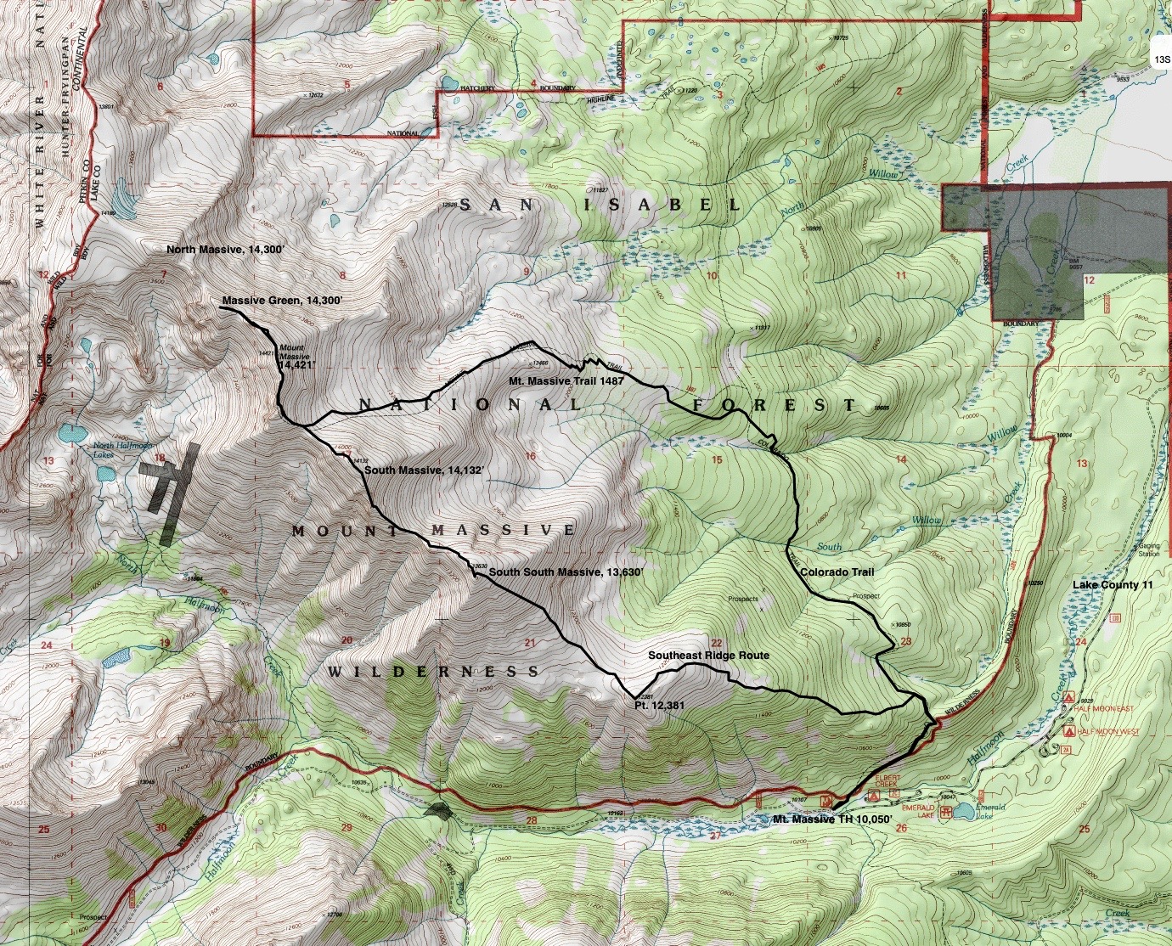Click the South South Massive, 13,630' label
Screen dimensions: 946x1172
tap(566, 572)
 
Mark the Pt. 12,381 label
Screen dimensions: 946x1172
tap(659, 705)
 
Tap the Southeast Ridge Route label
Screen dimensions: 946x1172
tap(708, 656)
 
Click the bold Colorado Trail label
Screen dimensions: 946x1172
tap(837, 572)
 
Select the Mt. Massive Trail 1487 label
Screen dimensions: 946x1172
tap(566, 381)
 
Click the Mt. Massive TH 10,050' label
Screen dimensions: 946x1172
tap(832, 819)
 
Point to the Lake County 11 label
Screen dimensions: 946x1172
tap(1113, 585)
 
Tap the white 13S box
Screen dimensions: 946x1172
tap(1160, 59)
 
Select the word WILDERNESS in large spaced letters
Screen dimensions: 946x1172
tap(433, 672)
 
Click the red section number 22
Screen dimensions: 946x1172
tap(716, 644)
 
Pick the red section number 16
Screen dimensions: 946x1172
tap(531, 457)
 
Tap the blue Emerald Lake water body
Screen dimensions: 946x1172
tap(963, 812)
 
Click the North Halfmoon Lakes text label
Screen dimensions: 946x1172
tap(115, 450)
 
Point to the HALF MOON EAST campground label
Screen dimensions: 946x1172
tap(1102, 709)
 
